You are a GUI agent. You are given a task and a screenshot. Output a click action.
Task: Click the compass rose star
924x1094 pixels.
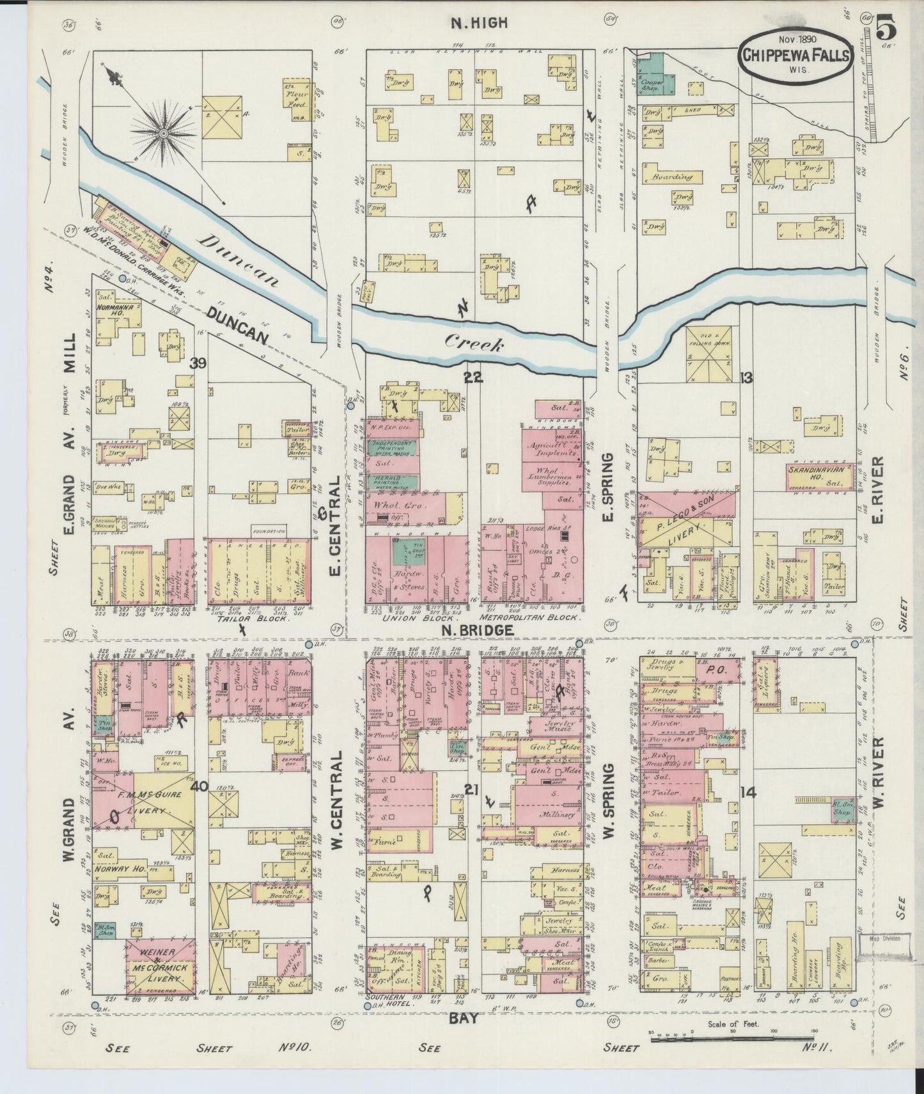coord(164,132)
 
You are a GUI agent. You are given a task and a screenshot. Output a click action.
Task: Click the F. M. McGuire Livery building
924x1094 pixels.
coord(148,802)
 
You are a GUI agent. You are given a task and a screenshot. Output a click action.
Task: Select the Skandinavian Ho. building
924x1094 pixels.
coord(819,477)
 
